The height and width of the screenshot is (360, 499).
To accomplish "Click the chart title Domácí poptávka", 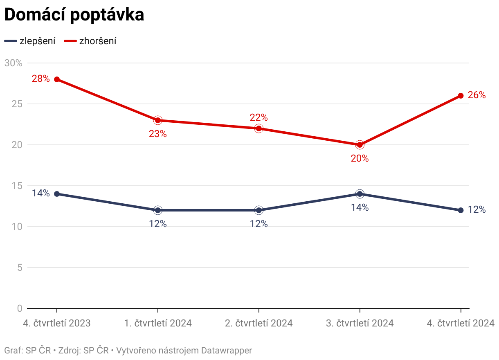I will (x=74, y=15).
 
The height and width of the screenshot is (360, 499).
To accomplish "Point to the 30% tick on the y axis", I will (x=13, y=63).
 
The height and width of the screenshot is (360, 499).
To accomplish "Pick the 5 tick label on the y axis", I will (x=19, y=268).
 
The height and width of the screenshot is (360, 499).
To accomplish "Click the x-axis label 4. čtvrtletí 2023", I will (x=57, y=323).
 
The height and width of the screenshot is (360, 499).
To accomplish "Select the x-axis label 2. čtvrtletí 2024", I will (x=259, y=323).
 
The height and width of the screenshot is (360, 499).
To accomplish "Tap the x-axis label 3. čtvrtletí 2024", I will (x=360, y=323).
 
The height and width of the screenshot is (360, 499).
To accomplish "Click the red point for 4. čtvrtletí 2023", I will (x=57, y=79).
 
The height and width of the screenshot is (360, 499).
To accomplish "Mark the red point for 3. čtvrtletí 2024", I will (x=360, y=145).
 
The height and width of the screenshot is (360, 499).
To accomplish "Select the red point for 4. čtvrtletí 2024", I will (x=461, y=96).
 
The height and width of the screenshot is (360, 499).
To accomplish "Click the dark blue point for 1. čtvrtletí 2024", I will (x=158, y=210).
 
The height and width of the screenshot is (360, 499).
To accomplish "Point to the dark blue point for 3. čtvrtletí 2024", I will (x=360, y=194).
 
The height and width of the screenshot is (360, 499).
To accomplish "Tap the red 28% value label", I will (x=40, y=79).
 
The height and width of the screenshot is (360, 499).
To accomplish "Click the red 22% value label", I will (x=258, y=118).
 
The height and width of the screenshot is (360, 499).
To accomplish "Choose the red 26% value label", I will (x=477, y=95).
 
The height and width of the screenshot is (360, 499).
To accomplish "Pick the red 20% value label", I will (x=360, y=159).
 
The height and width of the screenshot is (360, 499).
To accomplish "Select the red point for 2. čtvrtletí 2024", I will (x=259, y=128).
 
